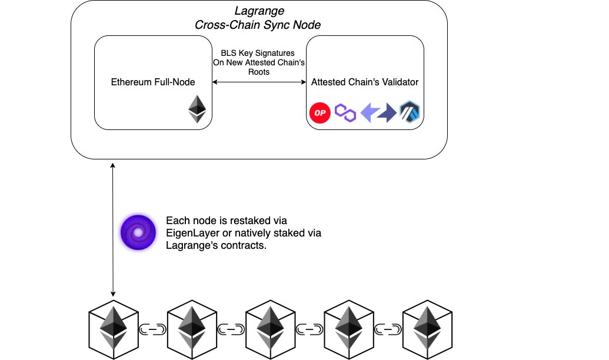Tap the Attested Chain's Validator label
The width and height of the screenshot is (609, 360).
(x=365, y=82)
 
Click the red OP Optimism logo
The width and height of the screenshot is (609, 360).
(x=320, y=112)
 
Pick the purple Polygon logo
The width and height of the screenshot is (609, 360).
(x=345, y=112)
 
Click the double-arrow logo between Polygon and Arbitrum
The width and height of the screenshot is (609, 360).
(x=378, y=112)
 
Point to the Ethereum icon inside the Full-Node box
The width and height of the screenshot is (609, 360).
(x=197, y=109)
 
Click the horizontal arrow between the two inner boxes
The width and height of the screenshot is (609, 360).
(x=259, y=83)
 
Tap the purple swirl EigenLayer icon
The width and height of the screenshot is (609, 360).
(x=138, y=233)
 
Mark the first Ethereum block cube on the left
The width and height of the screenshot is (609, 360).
(x=112, y=327)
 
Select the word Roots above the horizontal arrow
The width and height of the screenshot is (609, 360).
(x=259, y=72)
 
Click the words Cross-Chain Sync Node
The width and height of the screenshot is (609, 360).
(x=258, y=25)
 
